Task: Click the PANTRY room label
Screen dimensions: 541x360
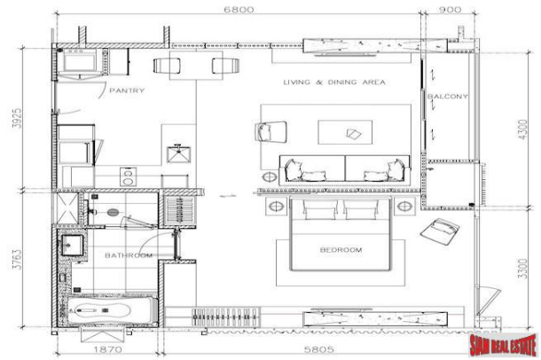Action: coord(127,90)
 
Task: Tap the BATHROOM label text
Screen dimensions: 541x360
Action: coord(129,255)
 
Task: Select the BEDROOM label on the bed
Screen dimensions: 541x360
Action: coord(341,250)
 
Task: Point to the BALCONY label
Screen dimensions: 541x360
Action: coord(448,97)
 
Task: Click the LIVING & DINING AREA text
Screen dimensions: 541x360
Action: coord(334,82)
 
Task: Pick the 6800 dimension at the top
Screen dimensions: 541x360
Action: coord(239,9)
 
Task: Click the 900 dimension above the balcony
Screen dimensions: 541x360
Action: coord(450,9)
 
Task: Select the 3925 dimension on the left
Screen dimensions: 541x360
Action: coord(17,118)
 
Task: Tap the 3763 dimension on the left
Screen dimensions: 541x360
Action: coord(17,259)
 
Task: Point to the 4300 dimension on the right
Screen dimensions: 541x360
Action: coord(523,129)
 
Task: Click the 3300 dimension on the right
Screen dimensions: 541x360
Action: coord(523,269)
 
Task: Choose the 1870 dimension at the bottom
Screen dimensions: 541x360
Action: coord(107,349)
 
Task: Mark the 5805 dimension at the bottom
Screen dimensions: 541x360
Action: coord(318,349)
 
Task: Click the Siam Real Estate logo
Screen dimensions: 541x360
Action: coord(504,344)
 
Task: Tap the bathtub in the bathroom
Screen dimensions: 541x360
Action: coord(110,310)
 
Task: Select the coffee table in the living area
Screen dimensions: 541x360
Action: coord(345,132)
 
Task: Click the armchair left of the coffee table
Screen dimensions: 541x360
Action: coord(270,131)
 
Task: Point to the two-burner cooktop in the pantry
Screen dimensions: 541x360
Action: coord(128,176)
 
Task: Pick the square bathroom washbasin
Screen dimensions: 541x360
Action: coord(72,245)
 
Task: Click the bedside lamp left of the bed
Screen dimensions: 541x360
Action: coord(276,207)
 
